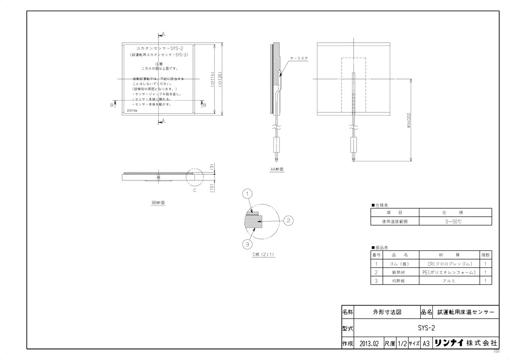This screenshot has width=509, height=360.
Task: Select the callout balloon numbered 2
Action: [288, 220]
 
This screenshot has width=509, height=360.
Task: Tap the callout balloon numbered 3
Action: [248, 244]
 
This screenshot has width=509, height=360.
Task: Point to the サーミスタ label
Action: [299, 57]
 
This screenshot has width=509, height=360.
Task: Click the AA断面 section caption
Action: [277, 169]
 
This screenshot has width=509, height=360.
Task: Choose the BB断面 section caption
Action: [158, 203]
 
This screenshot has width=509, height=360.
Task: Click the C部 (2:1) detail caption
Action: [263, 255]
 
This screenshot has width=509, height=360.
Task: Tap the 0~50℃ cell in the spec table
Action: [455, 221]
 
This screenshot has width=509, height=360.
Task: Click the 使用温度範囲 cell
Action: [394, 221]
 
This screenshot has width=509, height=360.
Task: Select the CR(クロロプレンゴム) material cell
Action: [450, 264]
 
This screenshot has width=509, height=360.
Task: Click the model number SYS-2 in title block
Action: [426, 328]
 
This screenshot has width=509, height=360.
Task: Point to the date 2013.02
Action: [369, 343]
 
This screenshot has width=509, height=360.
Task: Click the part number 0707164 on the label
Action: [133, 110]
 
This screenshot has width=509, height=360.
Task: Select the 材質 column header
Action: [450, 255]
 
